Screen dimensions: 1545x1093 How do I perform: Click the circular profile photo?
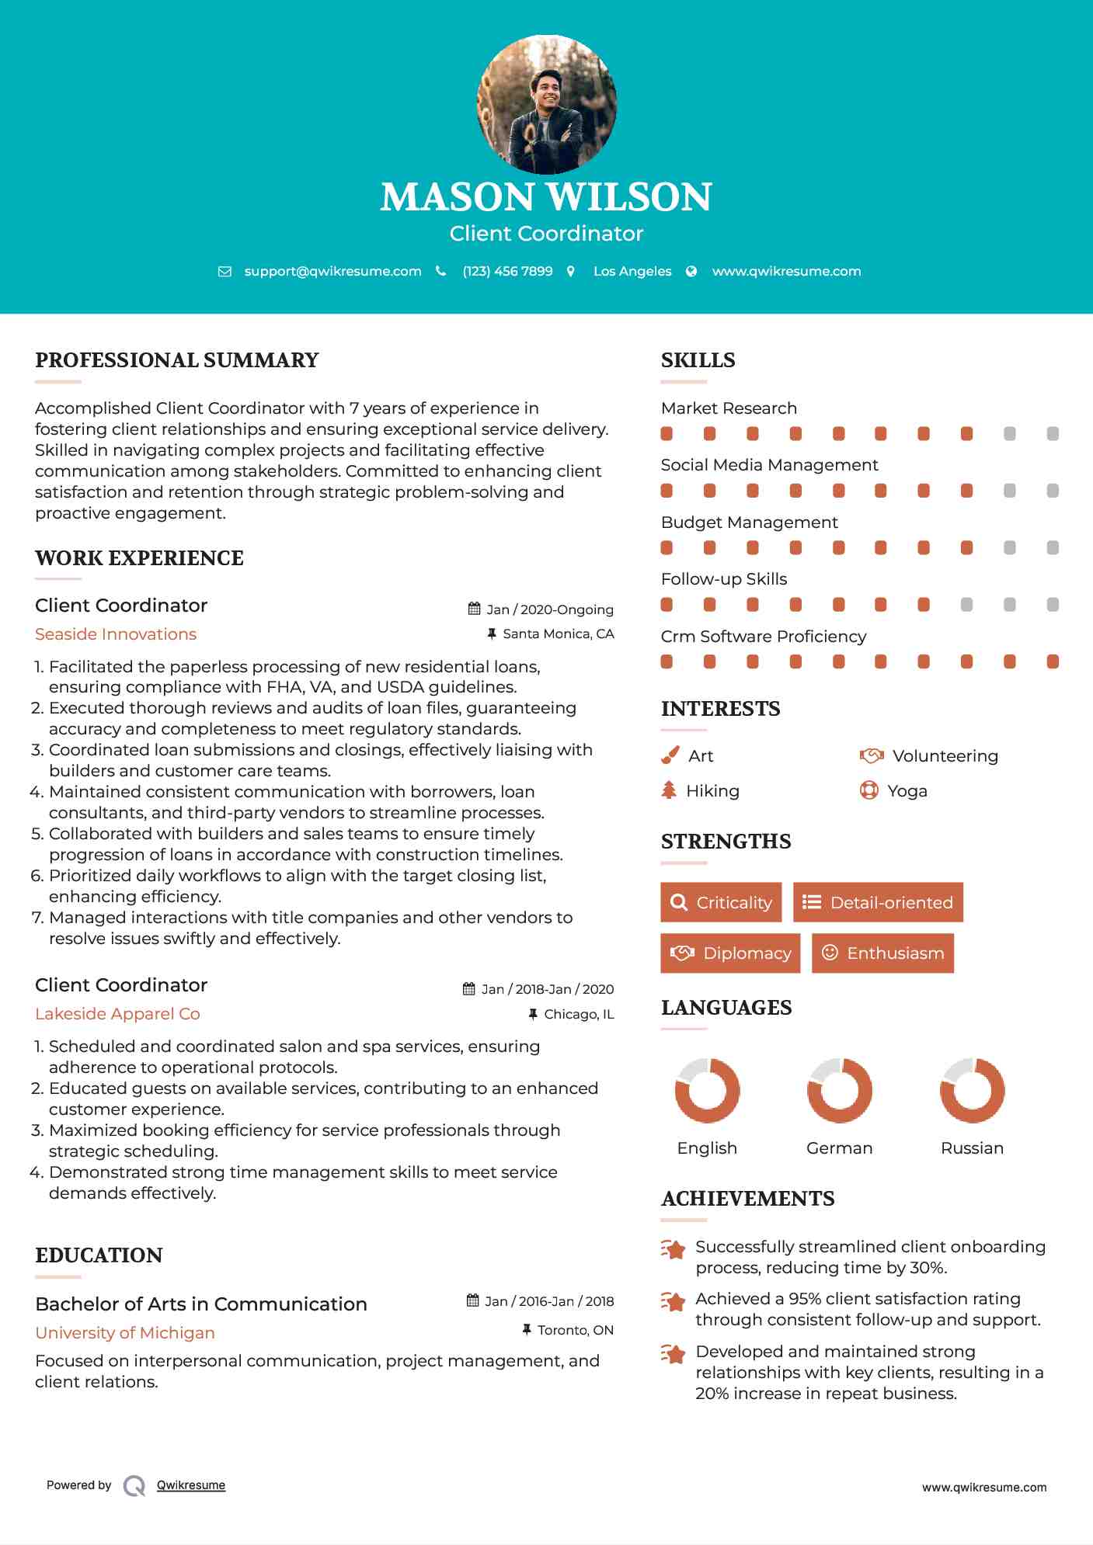[546, 104]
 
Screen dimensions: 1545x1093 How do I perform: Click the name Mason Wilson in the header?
[546, 197]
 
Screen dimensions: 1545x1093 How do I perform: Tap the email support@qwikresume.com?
[332, 272]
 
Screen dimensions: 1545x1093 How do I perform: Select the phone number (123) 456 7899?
[507, 272]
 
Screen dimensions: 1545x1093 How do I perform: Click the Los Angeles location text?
[632, 272]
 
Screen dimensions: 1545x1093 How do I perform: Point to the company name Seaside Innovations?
[116, 634]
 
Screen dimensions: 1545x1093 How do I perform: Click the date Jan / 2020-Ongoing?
[550, 610]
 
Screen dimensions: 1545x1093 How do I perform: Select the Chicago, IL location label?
[579, 1015]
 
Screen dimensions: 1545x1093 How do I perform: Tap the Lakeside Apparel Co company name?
[117, 1014]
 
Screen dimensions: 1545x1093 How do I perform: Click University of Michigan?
[125, 1333]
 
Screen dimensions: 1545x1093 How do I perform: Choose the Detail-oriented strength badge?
[878, 902]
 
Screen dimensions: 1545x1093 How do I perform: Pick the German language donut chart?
[839, 1090]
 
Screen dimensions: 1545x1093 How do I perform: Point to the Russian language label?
[972, 1148]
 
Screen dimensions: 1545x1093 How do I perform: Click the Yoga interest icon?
[869, 790]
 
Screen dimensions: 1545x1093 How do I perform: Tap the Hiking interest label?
[712, 791]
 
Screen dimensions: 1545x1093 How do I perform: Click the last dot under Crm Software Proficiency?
[1053, 662]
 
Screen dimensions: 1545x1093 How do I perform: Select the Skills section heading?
[698, 360]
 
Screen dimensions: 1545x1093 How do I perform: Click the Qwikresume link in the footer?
[191, 1485]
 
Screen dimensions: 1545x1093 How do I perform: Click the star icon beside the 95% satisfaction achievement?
[674, 1302]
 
